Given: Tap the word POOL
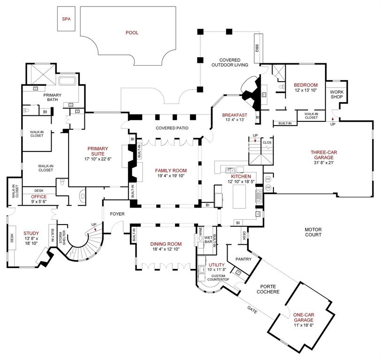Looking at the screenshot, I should pyautogui.click(x=132, y=33).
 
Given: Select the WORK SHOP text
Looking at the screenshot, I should pyautogui.click(x=337, y=94).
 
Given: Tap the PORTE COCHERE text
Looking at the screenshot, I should pyautogui.click(x=268, y=289).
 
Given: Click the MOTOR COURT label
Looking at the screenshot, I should pyautogui.click(x=313, y=232).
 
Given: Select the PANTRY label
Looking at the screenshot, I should pyautogui.click(x=243, y=259).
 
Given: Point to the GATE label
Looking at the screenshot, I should pyautogui.click(x=252, y=310).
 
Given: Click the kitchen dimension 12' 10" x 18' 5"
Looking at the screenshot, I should pyautogui.click(x=241, y=181).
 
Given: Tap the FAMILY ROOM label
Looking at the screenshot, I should pyautogui.click(x=171, y=171).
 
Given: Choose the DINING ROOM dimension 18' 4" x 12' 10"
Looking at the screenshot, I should pyautogui.click(x=166, y=249).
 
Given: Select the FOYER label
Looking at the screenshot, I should pyautogui.click(x=117, y=214).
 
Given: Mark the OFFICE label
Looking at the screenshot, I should pyautogui.click(x=38, y=197).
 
